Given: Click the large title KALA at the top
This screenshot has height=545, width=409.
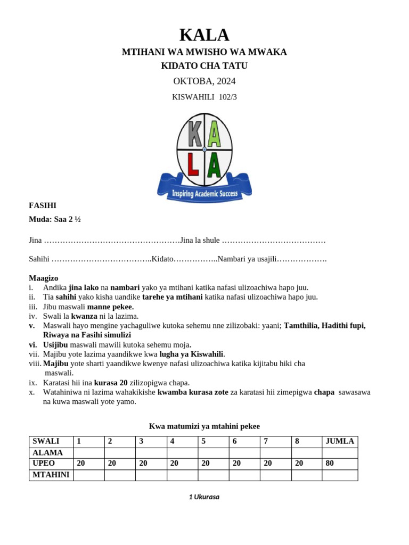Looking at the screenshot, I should [x=204, y=35].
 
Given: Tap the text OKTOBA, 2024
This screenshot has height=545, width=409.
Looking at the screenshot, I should [x=204, y=81].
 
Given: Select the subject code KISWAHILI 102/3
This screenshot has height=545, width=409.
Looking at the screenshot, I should [x=204, y=97].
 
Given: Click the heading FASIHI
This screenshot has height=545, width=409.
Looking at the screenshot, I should [x=43, y=205].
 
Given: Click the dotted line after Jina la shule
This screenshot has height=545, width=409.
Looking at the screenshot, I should [x=273, y=241].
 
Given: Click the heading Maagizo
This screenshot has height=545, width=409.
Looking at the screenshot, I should [x=44, y=278].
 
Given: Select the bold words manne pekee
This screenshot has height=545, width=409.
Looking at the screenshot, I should [x=110, y=307].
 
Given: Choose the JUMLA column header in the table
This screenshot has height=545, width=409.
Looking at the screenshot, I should [x=340, y=441].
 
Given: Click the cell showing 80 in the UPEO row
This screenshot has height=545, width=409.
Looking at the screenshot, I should [x=340, y=464].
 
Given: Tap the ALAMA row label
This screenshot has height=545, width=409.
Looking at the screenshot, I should [x=48, y=452].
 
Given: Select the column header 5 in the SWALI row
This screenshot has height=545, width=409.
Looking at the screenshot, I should [x=213, y=441].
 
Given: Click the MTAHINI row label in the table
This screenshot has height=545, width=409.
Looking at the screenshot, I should [x=51, y=475].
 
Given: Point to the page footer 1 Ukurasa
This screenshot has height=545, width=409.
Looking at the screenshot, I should [x=204, y=497].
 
